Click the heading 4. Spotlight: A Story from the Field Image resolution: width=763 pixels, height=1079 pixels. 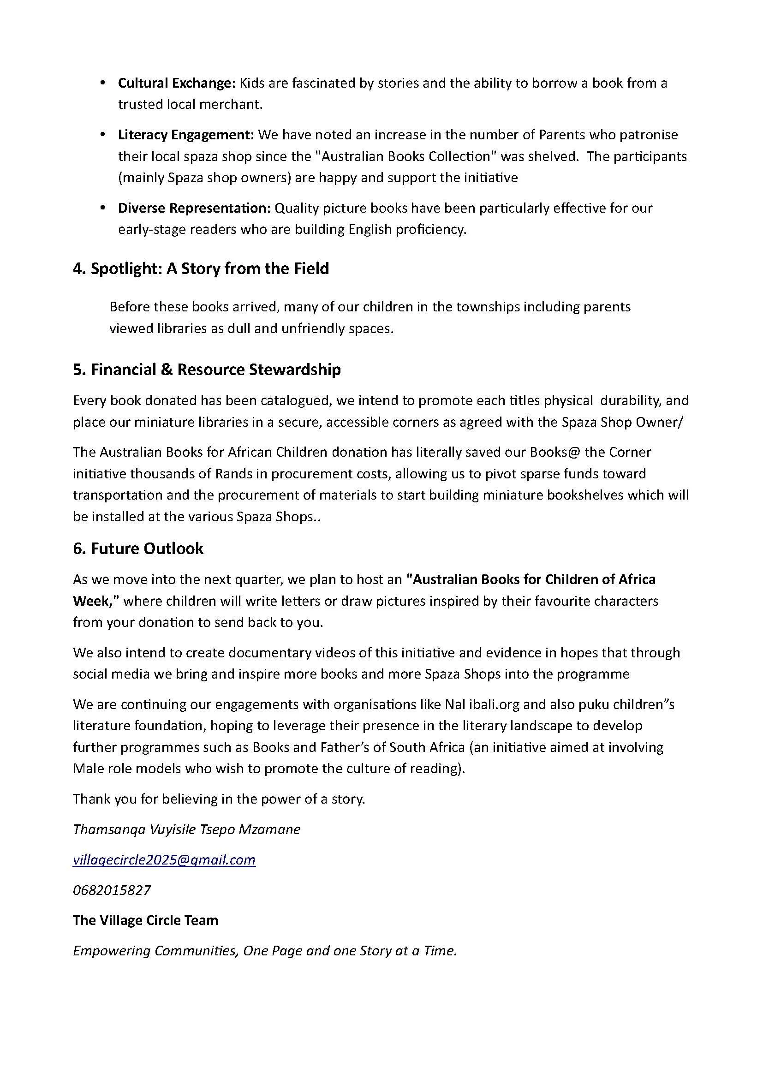click(x=201, y=269)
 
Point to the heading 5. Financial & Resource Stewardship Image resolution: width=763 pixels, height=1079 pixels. click(x=207, y=370)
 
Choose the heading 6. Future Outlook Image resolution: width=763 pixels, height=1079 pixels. click(x=138, y=548)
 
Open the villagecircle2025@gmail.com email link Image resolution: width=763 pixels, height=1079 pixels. click(x=164, y=859)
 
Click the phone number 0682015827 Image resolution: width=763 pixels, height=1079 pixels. click(x=112, y=890)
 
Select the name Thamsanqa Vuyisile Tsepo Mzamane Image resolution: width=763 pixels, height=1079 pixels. click(x=186, y=829)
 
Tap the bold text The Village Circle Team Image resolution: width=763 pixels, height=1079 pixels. click(x=145, y=920)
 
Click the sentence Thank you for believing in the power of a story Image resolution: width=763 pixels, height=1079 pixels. click(x=219, y=799)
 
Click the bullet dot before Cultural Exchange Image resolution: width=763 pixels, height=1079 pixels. click(x=102, y=83)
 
